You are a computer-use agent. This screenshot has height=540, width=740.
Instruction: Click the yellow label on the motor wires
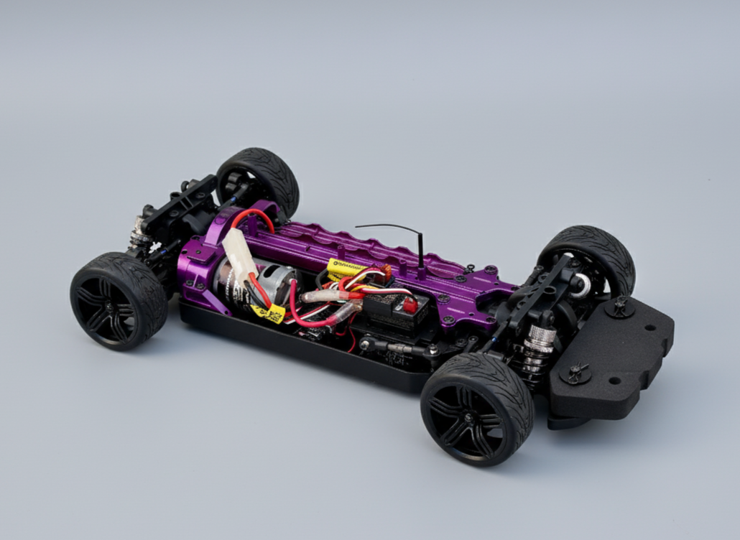(x=267, y=312)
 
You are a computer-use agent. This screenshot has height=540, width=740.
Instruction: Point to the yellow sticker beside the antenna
(x=344, y=268)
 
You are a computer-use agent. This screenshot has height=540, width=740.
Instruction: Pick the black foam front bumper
(x=611, y=359)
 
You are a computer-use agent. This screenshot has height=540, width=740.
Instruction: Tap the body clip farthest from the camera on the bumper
(x=619, y=306)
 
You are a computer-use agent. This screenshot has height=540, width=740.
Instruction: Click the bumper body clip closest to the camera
(x=575, y=373)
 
